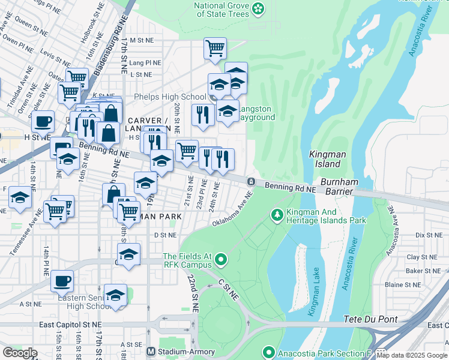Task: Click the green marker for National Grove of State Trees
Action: (x=258, y=8)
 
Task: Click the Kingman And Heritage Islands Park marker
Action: (x=277, y=214)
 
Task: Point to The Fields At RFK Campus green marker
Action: (x=221, y=260)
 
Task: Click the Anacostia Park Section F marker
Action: (x=268, y=352)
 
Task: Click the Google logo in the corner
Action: (x=19, y=353)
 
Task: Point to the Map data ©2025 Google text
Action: (x=412, y=355)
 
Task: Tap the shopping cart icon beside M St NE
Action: (x=215, y=47)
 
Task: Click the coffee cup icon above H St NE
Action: (x=43, y=121)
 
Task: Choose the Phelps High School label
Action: (x=170, y=97)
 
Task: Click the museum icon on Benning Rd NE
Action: (x=250, y=181)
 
